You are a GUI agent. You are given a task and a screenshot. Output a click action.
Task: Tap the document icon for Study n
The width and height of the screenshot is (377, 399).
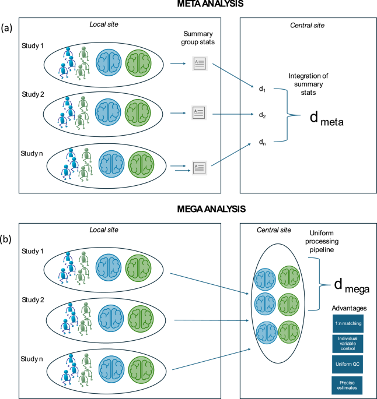200,168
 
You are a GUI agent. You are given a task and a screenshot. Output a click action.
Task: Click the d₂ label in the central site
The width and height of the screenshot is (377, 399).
263,115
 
